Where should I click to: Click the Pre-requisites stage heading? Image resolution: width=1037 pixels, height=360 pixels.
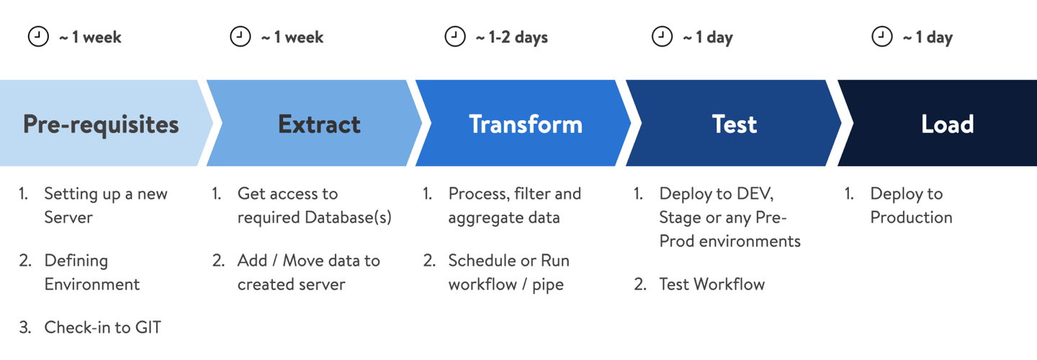pos(101,125)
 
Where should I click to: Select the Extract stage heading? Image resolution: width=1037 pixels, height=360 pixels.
pos(319,125)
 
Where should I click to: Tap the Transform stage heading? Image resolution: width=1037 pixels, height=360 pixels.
pos(526,125)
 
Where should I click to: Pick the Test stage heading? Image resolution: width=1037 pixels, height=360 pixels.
pos(734,125)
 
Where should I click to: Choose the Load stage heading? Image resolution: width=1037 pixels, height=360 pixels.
pos(947,125)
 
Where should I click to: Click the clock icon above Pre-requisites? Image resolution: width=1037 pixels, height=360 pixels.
pos(38,37)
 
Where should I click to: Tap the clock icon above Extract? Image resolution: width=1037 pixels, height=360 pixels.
pos(240,37)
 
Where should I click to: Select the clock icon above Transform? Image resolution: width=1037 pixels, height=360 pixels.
pos(454,37)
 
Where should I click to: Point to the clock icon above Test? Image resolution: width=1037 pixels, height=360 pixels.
pos(662,37)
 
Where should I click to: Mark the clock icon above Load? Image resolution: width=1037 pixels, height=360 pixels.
pos(881,37)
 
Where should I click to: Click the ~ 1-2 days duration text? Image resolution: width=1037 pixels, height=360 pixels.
pos(511,37)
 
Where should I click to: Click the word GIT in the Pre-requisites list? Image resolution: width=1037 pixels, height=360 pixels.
pos(148,328)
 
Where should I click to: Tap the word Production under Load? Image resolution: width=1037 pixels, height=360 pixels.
pos(911,217)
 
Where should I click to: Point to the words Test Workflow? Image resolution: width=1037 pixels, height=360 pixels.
pos(711,284)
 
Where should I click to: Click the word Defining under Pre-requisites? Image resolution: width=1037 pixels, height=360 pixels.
pos(76,261)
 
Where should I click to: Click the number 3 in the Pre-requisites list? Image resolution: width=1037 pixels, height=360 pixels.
pos(24,328)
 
